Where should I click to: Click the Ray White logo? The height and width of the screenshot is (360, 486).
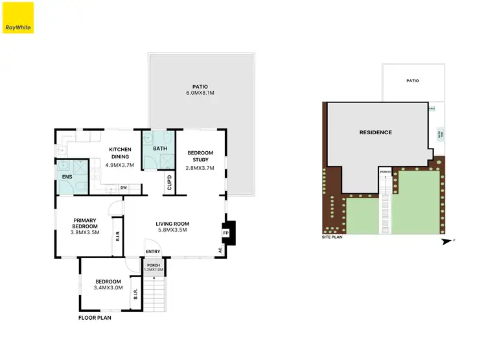tap(17, 18)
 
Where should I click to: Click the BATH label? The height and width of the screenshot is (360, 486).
tap(159, 149)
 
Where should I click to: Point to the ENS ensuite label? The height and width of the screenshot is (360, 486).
tap(67, 176)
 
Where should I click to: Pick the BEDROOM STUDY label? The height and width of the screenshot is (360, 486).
tap(200, 156)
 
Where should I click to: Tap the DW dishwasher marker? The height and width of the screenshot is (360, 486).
tap(122, 189)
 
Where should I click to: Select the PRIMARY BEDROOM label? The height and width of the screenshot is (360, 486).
tap(86, 222)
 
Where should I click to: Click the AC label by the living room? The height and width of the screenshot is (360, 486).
tap(220, 250)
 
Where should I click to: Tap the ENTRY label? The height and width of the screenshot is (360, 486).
tap(153, 252)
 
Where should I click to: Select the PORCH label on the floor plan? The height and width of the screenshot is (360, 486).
tap(154, 265)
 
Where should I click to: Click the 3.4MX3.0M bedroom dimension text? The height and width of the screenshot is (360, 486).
tap(107, 288)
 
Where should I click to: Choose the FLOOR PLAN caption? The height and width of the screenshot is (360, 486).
tap(95, 318)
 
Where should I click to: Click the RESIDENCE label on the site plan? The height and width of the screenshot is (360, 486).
tap(376, 132)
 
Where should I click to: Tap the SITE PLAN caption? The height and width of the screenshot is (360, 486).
tap(331, 237)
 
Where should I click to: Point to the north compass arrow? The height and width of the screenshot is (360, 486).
tap(446, 242)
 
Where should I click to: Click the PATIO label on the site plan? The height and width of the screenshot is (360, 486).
tap(413, 81)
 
